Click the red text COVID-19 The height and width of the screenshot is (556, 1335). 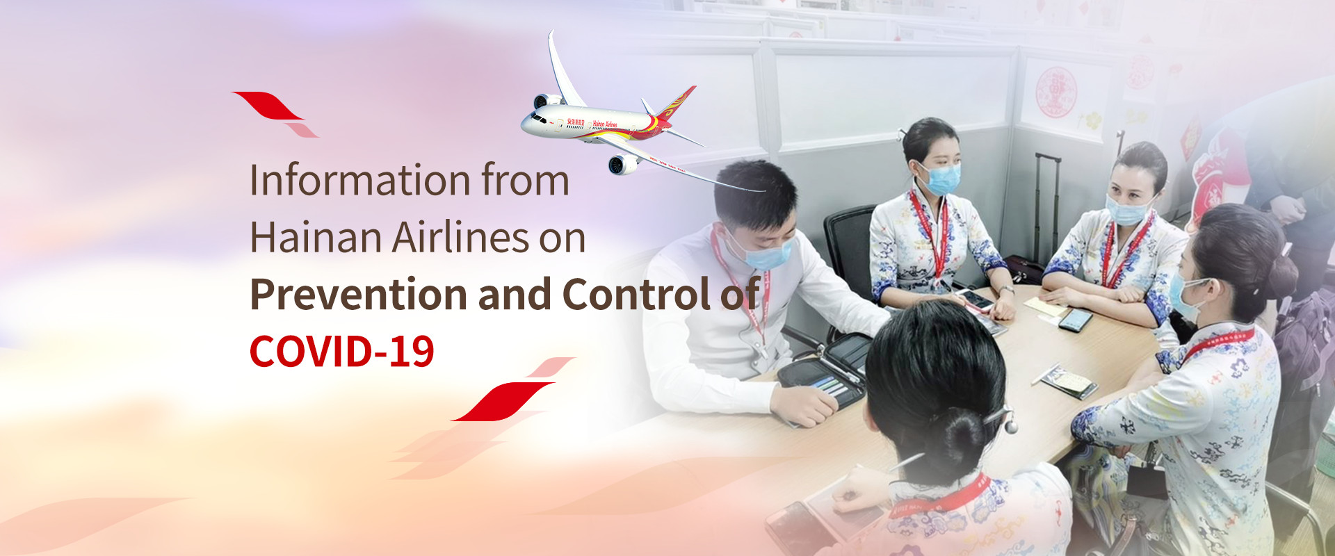342,352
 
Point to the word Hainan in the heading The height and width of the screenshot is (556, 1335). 316,237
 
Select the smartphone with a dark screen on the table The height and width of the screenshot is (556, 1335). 1076,320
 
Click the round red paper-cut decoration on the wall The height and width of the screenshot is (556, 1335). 1056,92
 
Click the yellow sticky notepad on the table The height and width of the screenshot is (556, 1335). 1044,306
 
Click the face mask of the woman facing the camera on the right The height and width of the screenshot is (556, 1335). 1126,209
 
